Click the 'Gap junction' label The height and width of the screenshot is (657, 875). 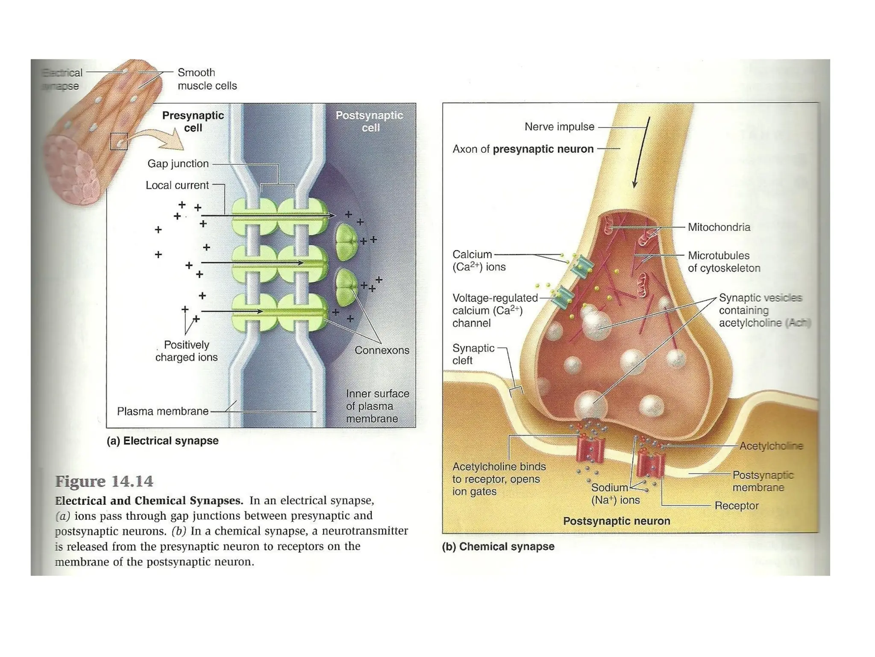pos(178,164)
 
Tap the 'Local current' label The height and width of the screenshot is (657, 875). pos(177,185)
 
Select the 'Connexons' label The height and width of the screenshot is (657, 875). pos(382,350)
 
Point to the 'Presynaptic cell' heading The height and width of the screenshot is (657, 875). pos(193,121)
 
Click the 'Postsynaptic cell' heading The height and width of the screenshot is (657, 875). pos(369,121)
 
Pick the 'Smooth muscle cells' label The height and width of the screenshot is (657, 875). pos(207,79)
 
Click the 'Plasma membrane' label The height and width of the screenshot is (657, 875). pos(162,411)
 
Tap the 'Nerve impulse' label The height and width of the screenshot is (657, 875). pos(559,127)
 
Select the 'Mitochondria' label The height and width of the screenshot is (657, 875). pos(719,227)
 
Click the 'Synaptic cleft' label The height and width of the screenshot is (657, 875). pos(473,354)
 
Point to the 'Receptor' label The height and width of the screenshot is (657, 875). pos(736,506)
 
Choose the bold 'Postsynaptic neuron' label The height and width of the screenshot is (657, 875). pos(616,521)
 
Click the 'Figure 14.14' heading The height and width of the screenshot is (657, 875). pos(104,482)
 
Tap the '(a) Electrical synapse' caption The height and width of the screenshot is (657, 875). pos(162,441)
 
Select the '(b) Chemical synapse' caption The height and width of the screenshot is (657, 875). pos(498,547)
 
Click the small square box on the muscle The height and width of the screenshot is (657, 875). pos(119,141)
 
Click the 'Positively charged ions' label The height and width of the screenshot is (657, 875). pos(186,351)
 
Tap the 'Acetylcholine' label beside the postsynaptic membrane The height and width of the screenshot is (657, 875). pos(771,446)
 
